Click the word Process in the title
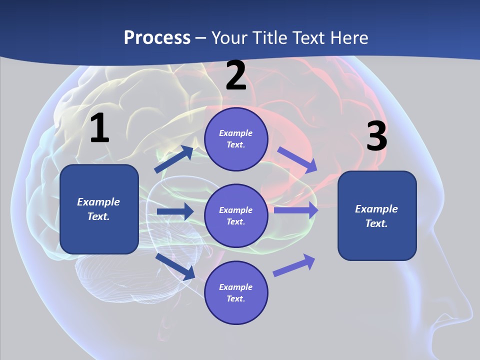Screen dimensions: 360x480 click(157, 37)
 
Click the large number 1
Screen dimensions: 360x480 click(99, 128)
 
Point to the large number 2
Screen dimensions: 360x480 click(236, 75)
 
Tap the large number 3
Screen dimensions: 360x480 click(376, 136)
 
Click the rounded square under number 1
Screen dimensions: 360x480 click(99, 209)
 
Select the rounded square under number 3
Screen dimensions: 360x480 click(377, 215)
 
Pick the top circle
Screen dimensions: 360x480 click(236, 139)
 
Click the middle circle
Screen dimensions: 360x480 click(236, 215)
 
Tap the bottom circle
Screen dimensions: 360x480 click(236, 292)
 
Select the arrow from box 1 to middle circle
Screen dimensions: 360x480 click(174, 211)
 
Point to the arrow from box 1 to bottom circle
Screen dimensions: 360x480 click(175, 266)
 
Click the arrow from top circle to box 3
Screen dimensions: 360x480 click(297, 159)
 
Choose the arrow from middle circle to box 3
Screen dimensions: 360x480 click(296, 210)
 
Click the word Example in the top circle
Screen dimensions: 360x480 click(236, 133)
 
